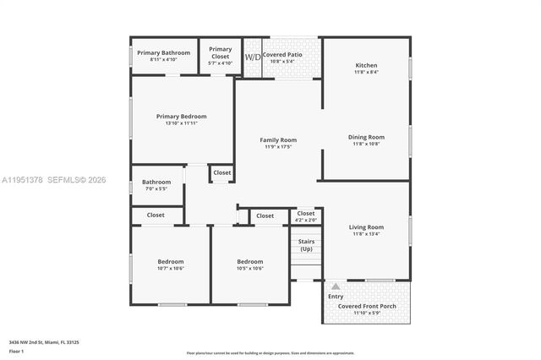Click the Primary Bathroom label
(164, 52)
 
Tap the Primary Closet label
(220, 50)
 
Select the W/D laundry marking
(252, 57)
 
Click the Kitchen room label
(366, 65)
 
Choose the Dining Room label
(366, 137)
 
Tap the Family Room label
(277, 139)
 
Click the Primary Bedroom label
(181, 117)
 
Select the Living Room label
(366, 226)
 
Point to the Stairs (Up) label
(305, 245)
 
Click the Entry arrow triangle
(336, 286)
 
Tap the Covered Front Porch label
(366, 306)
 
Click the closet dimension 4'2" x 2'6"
(305, 220)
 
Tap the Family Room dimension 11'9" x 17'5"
(277, 147)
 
